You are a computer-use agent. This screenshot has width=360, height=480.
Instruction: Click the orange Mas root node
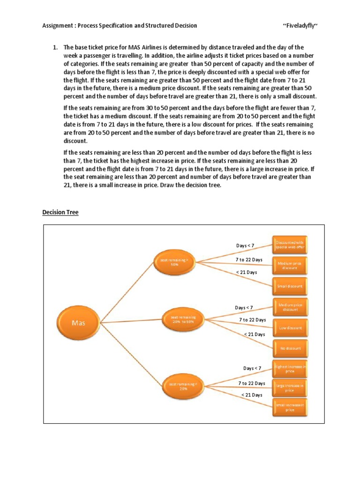pyautogui.click(x=79, y=322)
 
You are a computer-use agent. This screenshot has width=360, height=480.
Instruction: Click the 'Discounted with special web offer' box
pyautogui.click(x=291, y=244)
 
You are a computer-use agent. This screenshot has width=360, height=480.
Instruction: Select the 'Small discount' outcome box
pyautogui.click(x=291, y=285)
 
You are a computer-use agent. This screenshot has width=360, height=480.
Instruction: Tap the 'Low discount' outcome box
pyautogui.click(x=291, y=328)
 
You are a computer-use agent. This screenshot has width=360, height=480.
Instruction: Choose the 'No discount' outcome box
pyautogui.click(x=291, y=348)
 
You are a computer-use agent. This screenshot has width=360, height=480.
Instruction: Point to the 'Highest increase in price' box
pyautogui.click(x=291, y=369)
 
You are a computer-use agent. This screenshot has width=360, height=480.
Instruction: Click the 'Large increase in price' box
pyautogui.click(x=290, y=387)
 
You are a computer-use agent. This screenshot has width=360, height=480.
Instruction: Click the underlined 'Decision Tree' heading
pyautogui.click(x=60, y=212)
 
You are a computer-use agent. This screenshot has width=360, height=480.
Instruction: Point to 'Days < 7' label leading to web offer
pyautogui.click(x=245, y=246)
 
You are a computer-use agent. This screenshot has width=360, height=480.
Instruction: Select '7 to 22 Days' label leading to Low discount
pyautogui.click(x=252, y=320)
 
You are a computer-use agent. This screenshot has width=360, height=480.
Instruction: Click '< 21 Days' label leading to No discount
pyautogui.click(x=255, y=334)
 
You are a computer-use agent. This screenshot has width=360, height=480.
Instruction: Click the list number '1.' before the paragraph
pyautogui.click(x=54, y=47)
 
